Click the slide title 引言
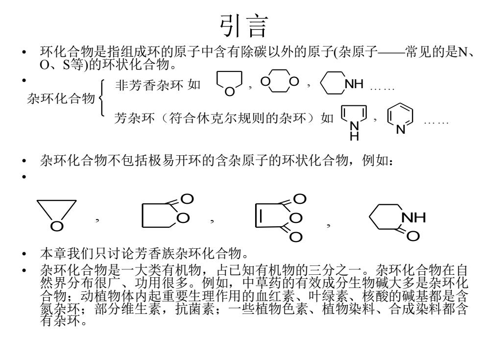(x=244, y=26)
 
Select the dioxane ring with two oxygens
(x=280, y=81)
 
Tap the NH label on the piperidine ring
(x=354, y=84)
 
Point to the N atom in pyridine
(x=400, y=129)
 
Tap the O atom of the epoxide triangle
(x=57, y=226)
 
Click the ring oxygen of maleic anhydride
(x=296, y=218)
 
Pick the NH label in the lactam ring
(x=413, y=217)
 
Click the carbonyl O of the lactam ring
(x=412, y=236)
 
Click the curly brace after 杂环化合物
(x=102, y=98)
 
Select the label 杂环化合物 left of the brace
(x=61, y=98)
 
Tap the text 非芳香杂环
(x=149, y=85)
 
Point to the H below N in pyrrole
(x=354, y=136)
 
